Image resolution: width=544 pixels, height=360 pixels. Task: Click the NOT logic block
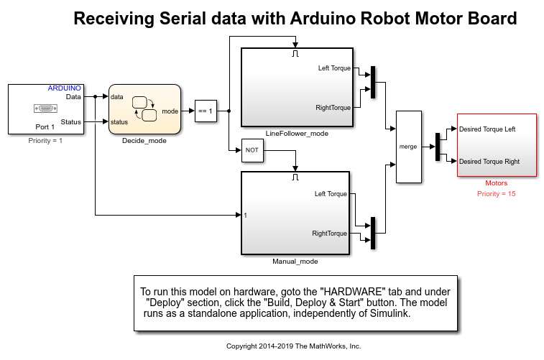(x=252, y=150)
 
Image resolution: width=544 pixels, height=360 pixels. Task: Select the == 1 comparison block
(x=206, y=111)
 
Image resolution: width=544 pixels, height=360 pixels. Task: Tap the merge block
(x=409, y=147)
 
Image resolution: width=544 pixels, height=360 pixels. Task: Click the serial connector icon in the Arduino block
(x=45, y=109)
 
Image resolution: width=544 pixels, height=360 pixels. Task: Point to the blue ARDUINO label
(x=64, y=88)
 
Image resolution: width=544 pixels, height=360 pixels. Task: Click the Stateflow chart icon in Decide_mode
(x=144, y=109)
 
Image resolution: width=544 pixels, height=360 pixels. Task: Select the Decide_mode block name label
(x=144, y=140)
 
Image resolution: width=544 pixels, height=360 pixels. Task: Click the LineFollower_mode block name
(x=297, y=134)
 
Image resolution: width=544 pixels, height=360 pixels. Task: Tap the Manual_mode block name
(x=295, y=261)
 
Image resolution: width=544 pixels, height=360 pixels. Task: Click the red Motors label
(x=496, y=183)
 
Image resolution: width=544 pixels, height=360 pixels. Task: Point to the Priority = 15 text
(x=496, y=193)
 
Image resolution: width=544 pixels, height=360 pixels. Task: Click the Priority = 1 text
(x=45, y=140)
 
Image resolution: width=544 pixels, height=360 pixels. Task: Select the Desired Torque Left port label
(x=487, y=129)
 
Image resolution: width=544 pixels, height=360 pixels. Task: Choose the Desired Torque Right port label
(x=489, y=161)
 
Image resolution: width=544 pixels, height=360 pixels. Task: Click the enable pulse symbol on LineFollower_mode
(x=295, y=53)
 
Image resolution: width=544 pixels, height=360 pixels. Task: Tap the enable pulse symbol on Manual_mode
(x=295, y=177)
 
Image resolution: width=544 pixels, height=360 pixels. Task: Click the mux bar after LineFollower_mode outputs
(x=373, y=82)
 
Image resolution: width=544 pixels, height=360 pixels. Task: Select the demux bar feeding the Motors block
(x=438, y=147)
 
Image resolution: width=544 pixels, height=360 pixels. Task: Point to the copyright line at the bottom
(x=293, y=346)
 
